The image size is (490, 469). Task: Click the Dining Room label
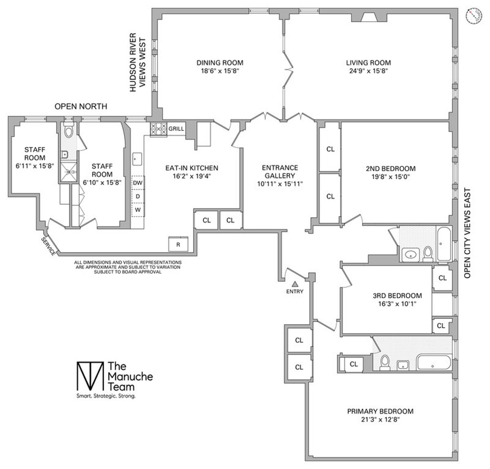(220, 63)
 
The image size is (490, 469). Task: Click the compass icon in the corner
(474, 15)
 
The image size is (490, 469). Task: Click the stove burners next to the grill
(158, 129)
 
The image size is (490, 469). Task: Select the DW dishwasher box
(138, 183)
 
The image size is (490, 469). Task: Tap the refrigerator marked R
(178, 244)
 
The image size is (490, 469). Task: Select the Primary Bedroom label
(380, 411)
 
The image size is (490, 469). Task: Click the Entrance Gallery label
(280, 171)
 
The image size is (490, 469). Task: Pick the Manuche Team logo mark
(89, 376)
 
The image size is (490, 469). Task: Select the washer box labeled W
(138, 210)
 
